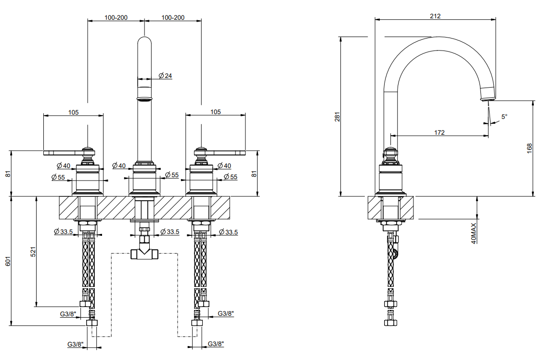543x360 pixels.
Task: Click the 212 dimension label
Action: (435, 16)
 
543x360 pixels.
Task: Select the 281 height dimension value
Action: (337, 116)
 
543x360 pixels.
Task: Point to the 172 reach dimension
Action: (439, 132)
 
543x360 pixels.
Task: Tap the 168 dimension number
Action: (529, 149)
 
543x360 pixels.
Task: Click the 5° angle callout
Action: (504, 116)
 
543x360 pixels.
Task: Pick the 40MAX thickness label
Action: (474, 233)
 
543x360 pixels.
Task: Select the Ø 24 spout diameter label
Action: (165, 76)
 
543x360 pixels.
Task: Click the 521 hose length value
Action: (33, 252)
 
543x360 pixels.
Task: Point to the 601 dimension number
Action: (8, 261)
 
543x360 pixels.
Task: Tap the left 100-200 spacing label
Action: (116, 17)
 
